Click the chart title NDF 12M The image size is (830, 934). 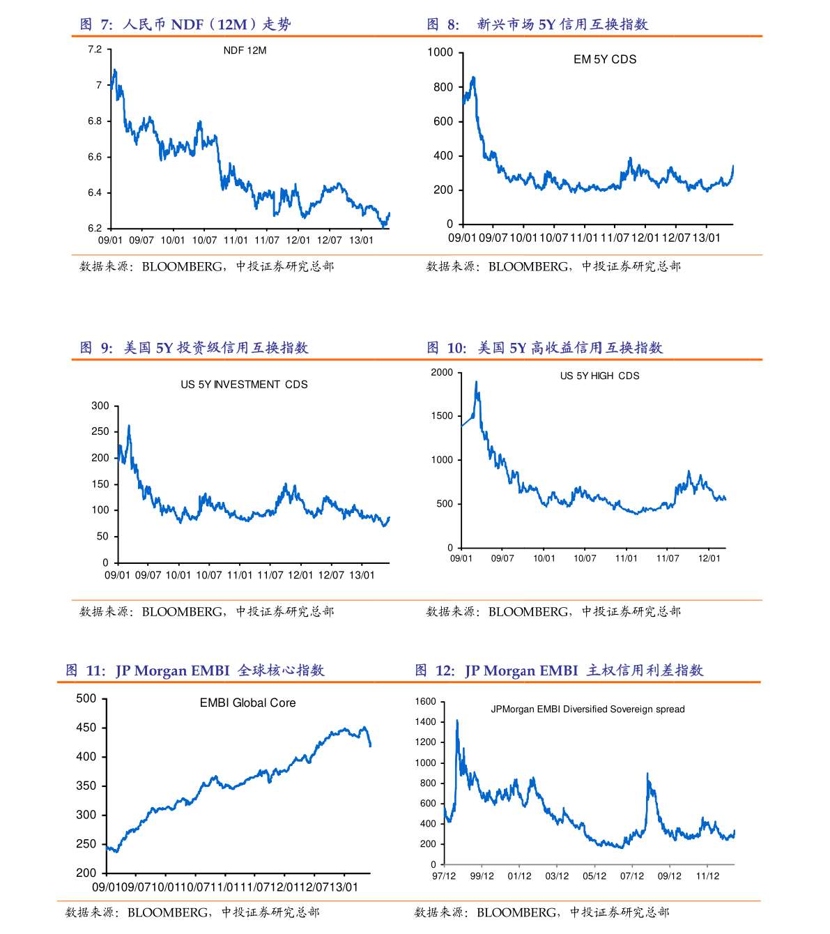[x=245, y=51]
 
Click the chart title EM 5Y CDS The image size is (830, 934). [x=605, y=60]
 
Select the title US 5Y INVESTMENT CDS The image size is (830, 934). [x=244, y=385]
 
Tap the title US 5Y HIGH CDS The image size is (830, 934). [x=599, y=376]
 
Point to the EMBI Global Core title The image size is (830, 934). [x=247, y=703]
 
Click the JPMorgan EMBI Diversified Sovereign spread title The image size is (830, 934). [x=587, y=710]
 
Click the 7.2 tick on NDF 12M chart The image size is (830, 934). [x=95, y=49]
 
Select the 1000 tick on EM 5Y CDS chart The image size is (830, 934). [x=440, y=53]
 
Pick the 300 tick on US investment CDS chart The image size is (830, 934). [x=100, y=406]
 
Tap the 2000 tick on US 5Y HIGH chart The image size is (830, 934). [x=442, y=372]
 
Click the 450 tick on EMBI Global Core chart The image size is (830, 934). [x=86, y=728]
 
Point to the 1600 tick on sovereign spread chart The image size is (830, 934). [x=425, y=702]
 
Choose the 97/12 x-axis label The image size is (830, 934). [x=444, y=876]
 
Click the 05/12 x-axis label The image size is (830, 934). [x=594, y=876]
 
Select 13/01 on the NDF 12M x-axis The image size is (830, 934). [x=361, y=240]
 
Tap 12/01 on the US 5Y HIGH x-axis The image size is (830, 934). [x=709, y=558]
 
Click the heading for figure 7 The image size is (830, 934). [x=185, y=24]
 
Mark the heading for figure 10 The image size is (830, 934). [x=544, y=348]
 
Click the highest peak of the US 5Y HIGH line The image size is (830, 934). [x=476, y=382]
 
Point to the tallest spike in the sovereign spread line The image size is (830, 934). [x=457, y=721]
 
